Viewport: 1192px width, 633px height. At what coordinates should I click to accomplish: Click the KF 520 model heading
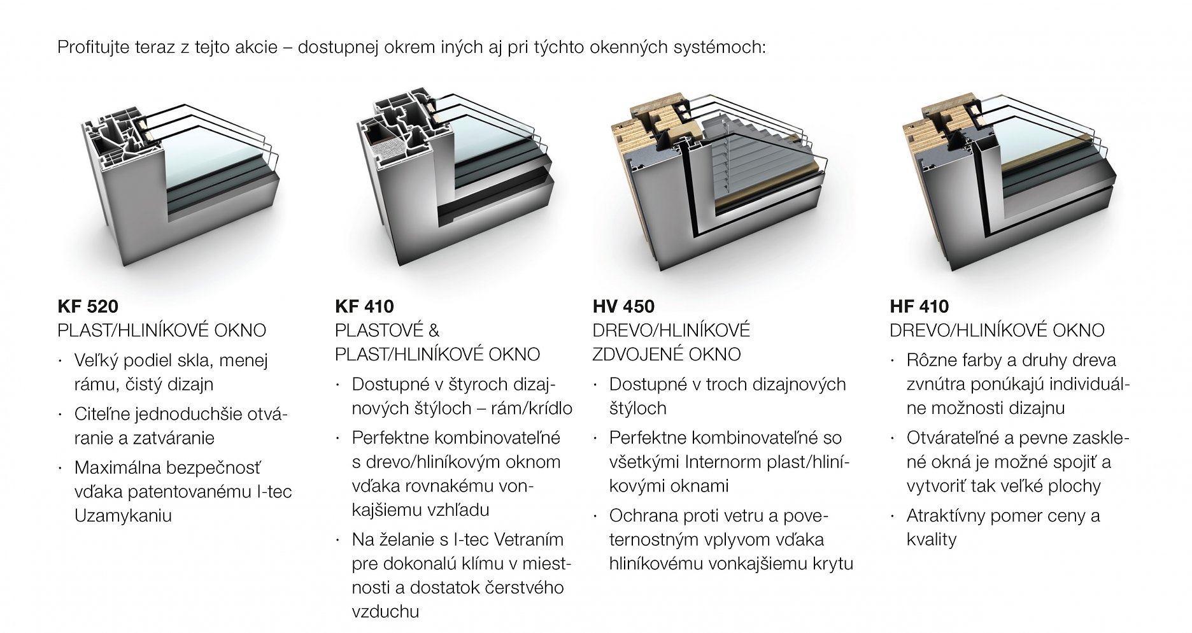88,306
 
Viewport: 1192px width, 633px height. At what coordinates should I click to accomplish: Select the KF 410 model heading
364,306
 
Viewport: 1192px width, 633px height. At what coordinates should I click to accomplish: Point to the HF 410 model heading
919,306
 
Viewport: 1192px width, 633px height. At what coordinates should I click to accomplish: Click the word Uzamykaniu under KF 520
123,516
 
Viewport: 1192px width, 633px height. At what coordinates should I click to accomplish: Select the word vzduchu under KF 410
385,612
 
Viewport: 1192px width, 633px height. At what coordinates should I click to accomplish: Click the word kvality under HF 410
932,540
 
